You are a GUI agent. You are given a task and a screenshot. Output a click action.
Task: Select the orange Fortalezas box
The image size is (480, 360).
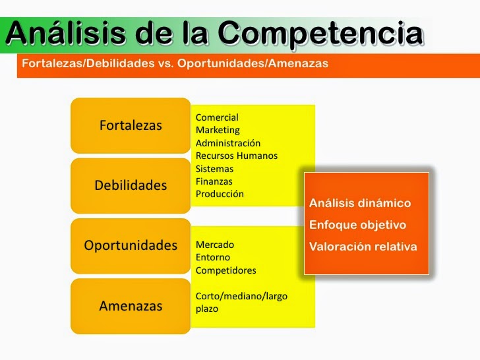(x=131, y=125)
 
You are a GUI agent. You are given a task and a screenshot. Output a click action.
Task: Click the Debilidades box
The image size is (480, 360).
(x=131, y=185)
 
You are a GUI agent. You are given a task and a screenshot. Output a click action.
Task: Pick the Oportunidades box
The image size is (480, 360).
(x=131, y=245)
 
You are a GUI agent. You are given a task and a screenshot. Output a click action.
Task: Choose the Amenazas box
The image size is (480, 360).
(x=131, y=305)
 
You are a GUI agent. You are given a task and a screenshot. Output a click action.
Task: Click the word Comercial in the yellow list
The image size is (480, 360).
(x=217, y=117)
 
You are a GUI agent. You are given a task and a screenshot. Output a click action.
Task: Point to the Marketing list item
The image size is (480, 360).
(x=218, y=130)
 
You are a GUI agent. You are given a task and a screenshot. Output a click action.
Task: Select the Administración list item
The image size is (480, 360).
(x=228, y=143)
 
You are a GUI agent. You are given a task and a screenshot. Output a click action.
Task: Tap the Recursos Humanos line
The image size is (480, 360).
(x=237, y=156)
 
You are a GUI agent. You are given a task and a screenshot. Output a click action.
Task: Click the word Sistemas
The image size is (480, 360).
(x=214, y=169)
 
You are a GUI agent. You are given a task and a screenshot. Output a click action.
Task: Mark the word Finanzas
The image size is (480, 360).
(x=214, y=181)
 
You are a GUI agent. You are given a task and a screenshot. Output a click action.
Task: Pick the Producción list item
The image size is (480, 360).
(x=220, y=194)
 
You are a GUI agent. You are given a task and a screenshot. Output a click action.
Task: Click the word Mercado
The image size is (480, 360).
(x=215, y=245)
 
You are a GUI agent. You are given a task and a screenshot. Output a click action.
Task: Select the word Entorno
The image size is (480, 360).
(x=213, y=257)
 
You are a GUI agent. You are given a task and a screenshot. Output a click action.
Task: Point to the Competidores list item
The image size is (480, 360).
(x=226, y=270)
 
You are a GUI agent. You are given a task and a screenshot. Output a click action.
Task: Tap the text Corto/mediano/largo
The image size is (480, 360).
(x=241, y=296)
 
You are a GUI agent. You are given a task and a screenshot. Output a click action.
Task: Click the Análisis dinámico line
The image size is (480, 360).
(x=360, y=203)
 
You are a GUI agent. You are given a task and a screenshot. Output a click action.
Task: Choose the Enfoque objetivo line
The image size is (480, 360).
(x=358, y=225)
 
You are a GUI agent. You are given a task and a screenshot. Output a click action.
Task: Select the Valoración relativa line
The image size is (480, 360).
(x=363, y=247)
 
